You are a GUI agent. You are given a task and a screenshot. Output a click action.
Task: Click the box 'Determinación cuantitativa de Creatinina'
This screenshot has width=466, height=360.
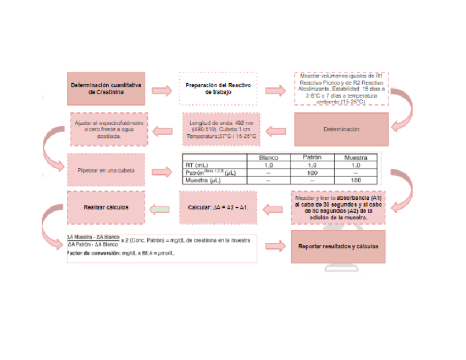(x=106, y=88)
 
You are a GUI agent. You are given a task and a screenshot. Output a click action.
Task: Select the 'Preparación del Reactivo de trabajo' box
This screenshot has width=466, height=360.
(x=218, y=88)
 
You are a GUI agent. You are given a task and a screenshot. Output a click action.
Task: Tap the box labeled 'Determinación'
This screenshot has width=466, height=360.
(x=341, y=130)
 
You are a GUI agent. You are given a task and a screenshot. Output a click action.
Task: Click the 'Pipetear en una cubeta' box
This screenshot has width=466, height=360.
(x=106, y=170)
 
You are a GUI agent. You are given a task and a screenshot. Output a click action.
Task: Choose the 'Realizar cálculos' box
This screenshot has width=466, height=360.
(x=106, y=208)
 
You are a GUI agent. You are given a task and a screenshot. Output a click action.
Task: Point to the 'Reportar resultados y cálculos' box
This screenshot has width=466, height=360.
(x=338, y=246)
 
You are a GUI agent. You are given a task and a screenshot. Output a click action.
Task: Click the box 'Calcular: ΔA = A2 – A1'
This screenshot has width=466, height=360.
(x=218, y=208)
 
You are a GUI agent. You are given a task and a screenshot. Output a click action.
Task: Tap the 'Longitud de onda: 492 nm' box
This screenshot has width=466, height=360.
(x=221, y=129)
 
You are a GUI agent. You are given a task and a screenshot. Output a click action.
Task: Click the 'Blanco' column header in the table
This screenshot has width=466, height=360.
(x=268, y=157)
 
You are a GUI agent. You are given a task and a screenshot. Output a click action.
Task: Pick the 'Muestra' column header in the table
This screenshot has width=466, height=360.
(x=356, y=157)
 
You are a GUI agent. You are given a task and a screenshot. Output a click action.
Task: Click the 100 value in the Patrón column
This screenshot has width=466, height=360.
(x=312, y=173)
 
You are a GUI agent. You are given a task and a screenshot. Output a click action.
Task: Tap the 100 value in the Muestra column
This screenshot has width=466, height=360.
(x=356, y=180)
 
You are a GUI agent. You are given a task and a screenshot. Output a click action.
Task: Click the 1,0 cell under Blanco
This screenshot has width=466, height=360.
(x=268, y=165)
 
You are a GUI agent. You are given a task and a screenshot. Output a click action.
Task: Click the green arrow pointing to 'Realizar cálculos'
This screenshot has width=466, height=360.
(x=159, y=209)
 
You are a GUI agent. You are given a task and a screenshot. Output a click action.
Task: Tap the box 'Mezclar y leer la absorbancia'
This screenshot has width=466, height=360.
(x=338, y=207)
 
